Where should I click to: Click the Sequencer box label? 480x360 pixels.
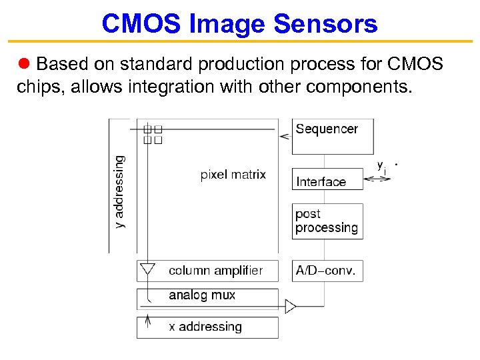pyautogui.click(x=327, y=129)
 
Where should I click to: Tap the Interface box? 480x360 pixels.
pyautogui.click(x=327, y=181)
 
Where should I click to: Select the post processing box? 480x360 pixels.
pyautogui.click(x=327, y=221)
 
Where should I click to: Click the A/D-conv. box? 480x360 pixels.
pyautogui.click(x=327, y=271)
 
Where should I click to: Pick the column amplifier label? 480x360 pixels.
pyautogui.click(x=215, y=271)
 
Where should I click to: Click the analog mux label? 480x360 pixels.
pyautogui.click(x=202, y=295)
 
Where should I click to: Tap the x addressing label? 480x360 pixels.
pyautogui.click(x=205, y=327)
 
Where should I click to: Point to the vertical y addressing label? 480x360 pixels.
pyautogui.click(x=119, y=192)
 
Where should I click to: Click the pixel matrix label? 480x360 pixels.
pyautogui.click(x=233, y=175)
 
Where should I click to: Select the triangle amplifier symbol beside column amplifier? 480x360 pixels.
pyautogui.click(x=147, y=270)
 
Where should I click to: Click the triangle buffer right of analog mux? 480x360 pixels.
pyautogui.click(x=290, y=307)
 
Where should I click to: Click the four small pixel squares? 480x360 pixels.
pyautogui.click(x=153, y=135)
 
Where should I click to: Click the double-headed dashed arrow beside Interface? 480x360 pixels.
pyautogui.click(x=378, y=179)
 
